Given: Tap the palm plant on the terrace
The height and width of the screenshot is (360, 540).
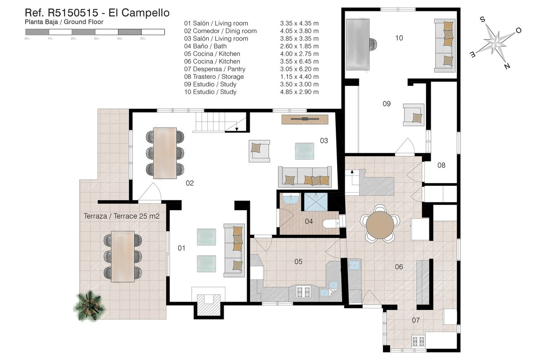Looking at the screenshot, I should pyautogui.click(x=89, y=305).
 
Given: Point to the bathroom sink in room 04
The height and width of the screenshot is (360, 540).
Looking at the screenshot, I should pyautogui.click(x=291, y=199).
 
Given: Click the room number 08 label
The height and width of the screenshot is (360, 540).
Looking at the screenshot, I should pyautogui.click(x=441, y=165).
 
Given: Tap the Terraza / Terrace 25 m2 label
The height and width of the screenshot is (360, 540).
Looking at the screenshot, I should pyautogui.click(x=122, y=216).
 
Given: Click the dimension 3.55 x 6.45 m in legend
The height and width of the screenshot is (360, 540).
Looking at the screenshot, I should pyautogui.click(x=299, y=61).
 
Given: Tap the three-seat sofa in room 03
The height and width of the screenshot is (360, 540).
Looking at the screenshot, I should pyautogui.click(x=305, y=177).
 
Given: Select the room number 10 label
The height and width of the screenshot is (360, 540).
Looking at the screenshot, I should pyautogui.click(x=399, y=38).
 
